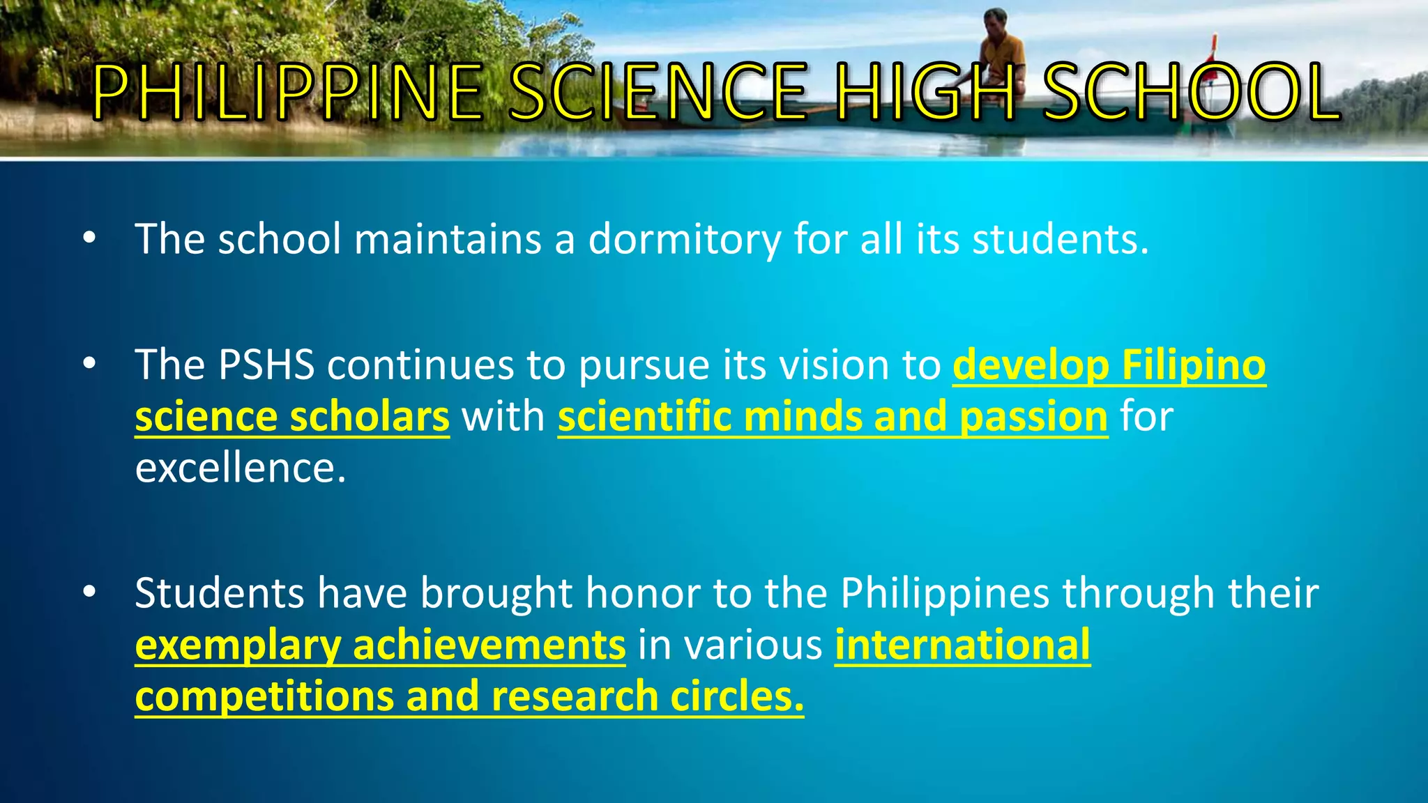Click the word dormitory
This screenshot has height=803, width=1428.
(x=685, y=240)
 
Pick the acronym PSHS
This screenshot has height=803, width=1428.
(x=266, y=365)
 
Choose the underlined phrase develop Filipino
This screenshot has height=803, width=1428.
(x=1109, y=365)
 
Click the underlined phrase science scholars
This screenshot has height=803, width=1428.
(x=292, y=417)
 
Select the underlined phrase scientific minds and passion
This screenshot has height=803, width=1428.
(x=833, y=417)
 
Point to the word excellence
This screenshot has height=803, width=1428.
(x=240, y=468)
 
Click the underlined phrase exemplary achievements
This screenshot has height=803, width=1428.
(x=380, y=645)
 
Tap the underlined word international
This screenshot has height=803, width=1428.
(x=962, y=645)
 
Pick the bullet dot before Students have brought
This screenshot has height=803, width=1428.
(x=89, y=592)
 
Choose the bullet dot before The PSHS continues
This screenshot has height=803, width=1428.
(x=89, y=364)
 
